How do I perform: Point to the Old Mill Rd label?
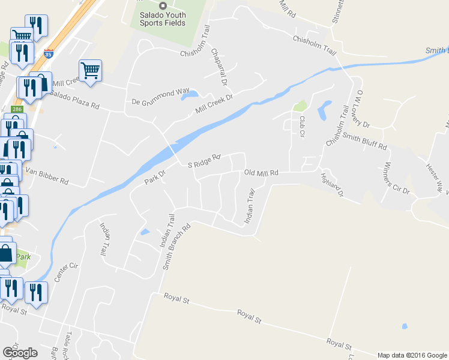coord(261,173)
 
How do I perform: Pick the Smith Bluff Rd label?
coord(365,142)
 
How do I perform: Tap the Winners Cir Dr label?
coord(396,178)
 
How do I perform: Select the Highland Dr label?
coord(331,185)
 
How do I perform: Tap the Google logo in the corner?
coord(20,353)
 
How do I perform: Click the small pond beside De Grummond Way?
coord(190,95)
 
